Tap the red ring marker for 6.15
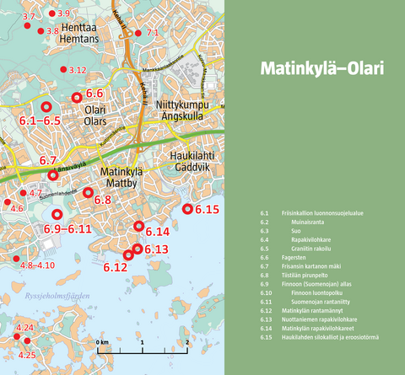[187, 209]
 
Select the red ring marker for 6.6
[77, 97]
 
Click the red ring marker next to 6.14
[140, 225]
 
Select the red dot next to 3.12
[62, 70]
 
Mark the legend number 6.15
[265, 337]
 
